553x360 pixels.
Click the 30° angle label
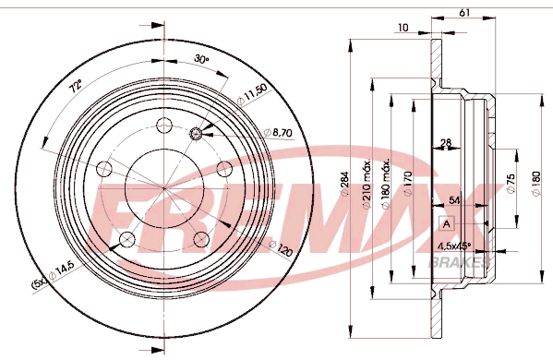201,59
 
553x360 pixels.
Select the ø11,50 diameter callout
253,94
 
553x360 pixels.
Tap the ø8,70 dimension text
278,133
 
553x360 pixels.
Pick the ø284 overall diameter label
343,184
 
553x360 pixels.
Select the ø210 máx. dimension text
367,184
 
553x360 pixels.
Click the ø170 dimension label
407,184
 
